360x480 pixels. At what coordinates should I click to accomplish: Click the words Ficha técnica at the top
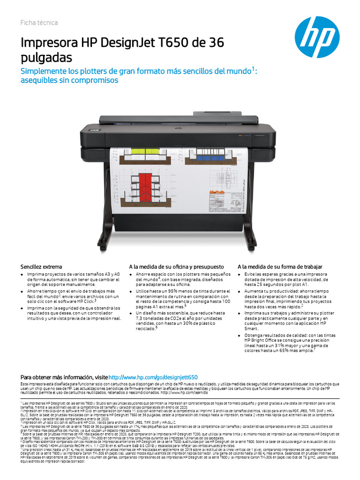[39, 23]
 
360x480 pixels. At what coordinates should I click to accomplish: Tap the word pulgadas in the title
[46, 58]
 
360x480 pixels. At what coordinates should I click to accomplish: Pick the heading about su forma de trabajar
[280, 266]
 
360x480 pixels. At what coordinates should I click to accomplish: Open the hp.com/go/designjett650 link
[153, 377]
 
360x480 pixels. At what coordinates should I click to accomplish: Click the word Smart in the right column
[252, 329]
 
